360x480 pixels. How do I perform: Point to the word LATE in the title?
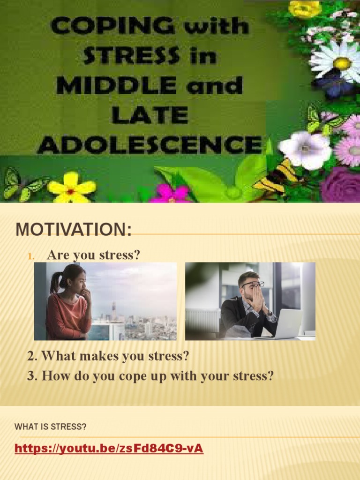tap(149, 115)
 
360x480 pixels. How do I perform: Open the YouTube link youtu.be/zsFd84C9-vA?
tap(109, 449)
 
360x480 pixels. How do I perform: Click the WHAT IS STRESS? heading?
tap(51, 427)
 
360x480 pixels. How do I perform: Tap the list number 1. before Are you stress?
tap(31, 256)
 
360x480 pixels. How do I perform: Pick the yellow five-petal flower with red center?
tap(71, 187)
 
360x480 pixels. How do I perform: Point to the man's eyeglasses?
tap(253, 284)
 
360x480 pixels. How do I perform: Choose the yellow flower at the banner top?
tap(305, 8)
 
